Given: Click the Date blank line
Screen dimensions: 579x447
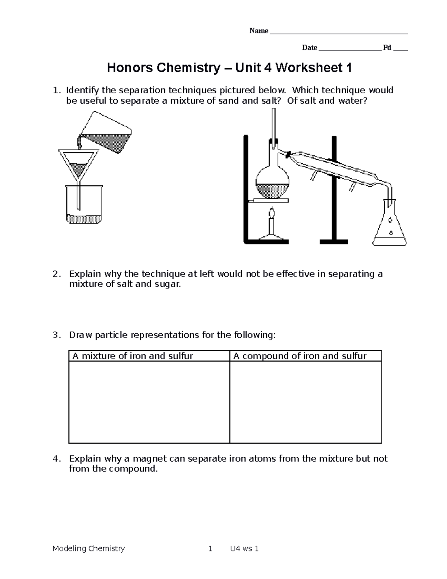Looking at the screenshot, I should [350, 49].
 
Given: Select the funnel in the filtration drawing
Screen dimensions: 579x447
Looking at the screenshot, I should [78, 164].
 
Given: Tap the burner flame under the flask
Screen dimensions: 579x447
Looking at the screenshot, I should [272, 214].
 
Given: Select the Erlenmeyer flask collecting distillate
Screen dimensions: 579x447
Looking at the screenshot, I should [390, 227].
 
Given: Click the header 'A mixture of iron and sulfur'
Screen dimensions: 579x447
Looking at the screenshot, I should [133, 356].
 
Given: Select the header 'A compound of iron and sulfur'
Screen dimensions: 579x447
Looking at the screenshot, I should [300, 356].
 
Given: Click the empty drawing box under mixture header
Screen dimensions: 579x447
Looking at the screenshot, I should [149, 402].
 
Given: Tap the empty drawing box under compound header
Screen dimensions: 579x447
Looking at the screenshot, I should [305, 402].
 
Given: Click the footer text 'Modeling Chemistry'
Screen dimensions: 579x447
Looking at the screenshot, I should [89, 548].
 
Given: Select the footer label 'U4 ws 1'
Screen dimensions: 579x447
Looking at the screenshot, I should [245, 548].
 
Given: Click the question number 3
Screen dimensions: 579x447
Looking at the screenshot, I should [56, 335].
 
